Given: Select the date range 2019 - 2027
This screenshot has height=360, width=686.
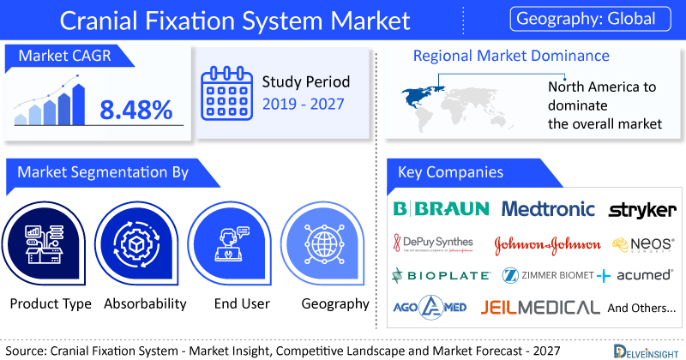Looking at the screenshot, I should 304,105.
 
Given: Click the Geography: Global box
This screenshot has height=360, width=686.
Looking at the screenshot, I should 592,18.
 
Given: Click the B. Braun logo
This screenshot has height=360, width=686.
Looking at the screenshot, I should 441,208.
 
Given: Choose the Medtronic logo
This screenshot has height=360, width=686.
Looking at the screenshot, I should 549,208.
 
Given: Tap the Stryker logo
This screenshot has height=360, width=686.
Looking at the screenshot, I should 641,210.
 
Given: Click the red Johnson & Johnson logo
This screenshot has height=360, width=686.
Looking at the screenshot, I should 548,244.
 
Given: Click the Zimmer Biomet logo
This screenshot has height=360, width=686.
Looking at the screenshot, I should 546,276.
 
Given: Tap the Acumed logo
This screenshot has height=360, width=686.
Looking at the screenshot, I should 639,276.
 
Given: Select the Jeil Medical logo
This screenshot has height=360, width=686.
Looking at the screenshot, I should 540,307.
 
